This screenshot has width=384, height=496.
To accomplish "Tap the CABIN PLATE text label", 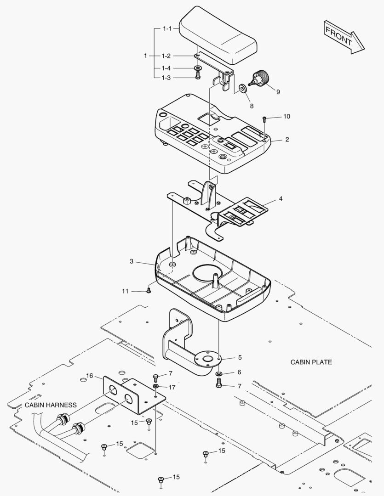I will tap(311, 362).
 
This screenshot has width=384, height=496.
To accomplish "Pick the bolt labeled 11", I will tap(148, 290).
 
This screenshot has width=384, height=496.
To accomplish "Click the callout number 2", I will tap(287, 140).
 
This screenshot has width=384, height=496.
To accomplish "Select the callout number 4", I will tap(280, 200).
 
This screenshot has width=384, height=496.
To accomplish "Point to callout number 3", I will tap(132, 261).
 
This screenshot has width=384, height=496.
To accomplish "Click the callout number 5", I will tap(240, 357).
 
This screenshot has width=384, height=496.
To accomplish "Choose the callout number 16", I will tap(90, 376).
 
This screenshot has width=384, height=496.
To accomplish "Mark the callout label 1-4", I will tap(166, 68).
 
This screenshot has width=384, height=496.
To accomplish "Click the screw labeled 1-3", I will tap(198, 76).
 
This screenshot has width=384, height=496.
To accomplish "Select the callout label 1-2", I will tap(166, 56).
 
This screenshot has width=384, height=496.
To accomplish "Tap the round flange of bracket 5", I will tap(207, 358).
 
